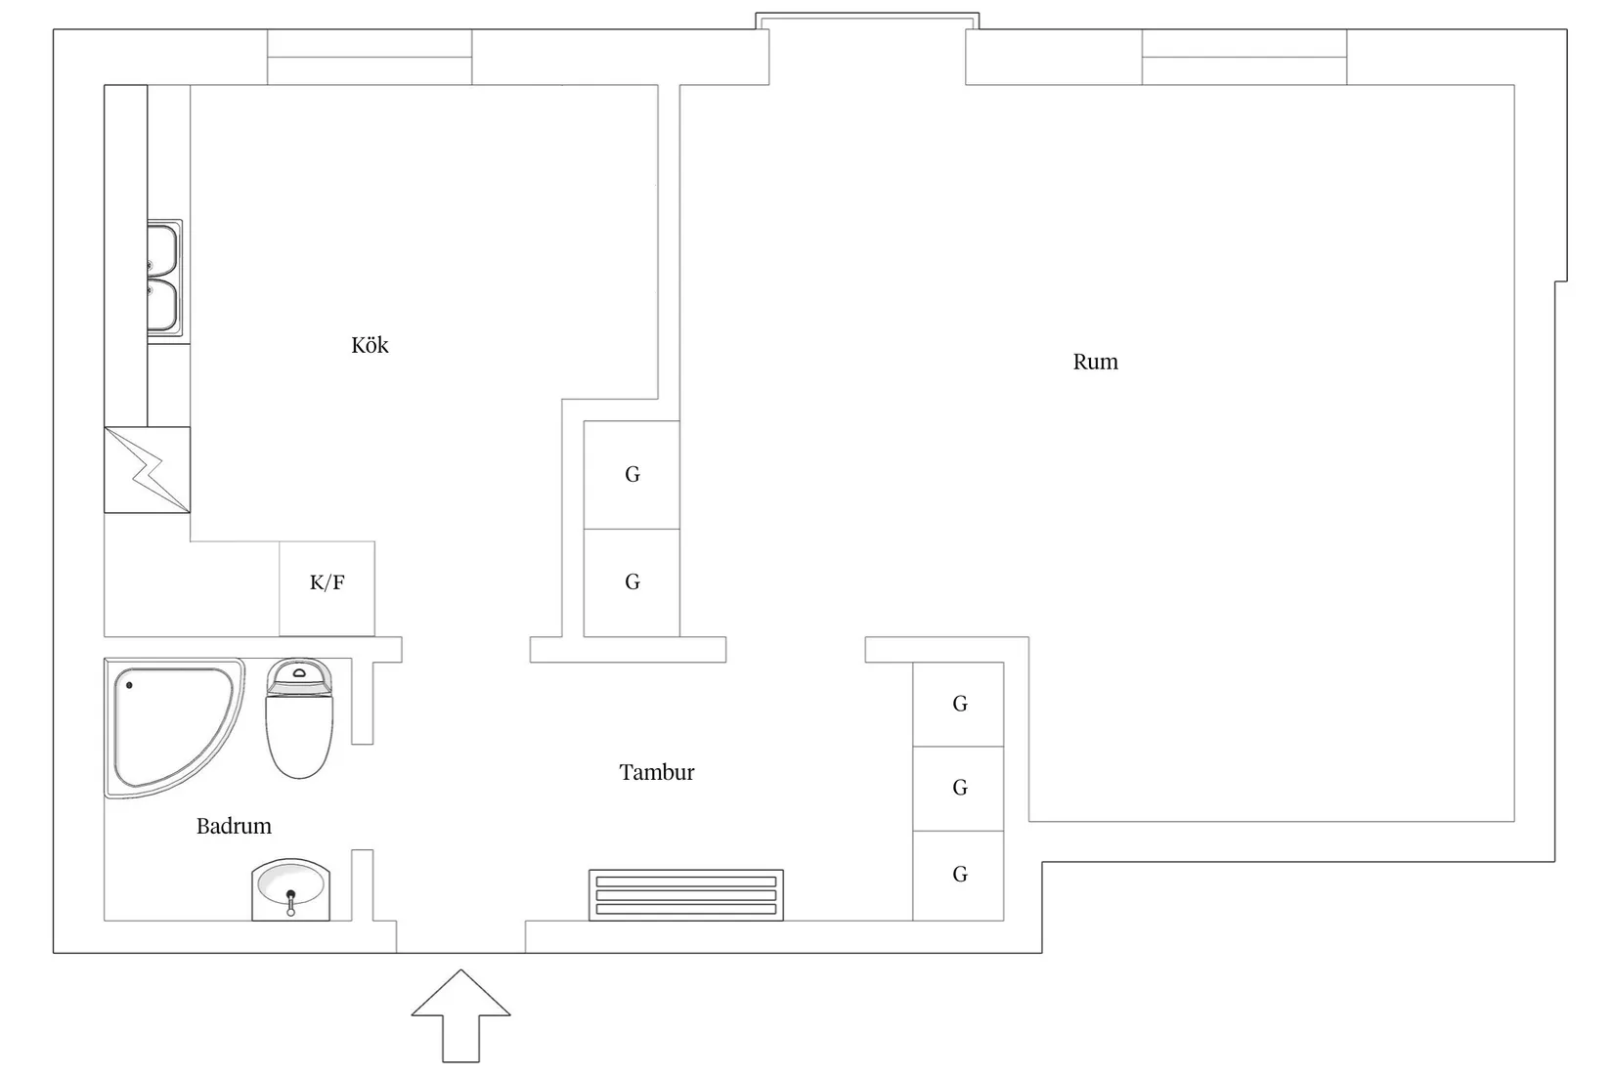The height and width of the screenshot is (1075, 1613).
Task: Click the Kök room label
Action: click(x=370, y=345)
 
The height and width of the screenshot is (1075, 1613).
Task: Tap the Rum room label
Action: click(x=1095, y=362)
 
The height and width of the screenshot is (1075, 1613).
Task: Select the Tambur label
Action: click(x=656, y=772)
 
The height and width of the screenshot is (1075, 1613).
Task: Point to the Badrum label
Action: click(x=234, y=826)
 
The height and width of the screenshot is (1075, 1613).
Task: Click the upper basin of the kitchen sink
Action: click(x=163, y=250)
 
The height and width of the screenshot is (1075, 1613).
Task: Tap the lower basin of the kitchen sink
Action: click(x=163, y=306)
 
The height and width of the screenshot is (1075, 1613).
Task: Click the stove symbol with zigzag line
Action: click(x=147, y=469)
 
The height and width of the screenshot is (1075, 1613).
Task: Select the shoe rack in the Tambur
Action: click(x=685, y=895)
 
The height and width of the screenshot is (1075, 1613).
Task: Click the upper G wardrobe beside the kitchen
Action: click(x=632, y=475)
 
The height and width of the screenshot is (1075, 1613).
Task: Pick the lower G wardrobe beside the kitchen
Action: click(x=632, y=582)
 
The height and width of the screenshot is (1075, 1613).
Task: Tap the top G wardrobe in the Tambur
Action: click(x=958, y=704)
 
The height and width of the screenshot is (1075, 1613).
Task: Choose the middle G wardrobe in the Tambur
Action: click(x=958, y=788)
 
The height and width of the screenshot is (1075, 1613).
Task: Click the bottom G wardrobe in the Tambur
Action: click(x=958, y=875)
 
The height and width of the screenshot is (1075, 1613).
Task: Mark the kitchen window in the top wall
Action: click(x=370, y=57)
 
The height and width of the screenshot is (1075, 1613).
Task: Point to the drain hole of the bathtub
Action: click(x=129, y=685)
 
